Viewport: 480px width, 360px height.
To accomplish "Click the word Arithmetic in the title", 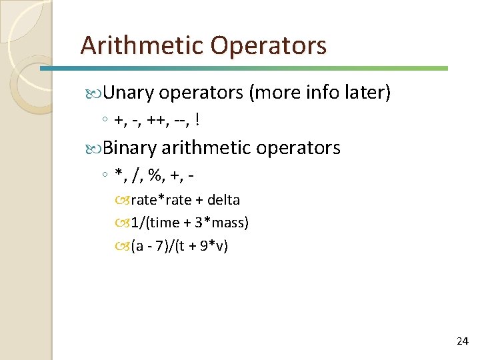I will [141, 45].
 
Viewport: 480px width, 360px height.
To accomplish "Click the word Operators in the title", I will [268, 45].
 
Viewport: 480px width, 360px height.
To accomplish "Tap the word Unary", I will [128, 93].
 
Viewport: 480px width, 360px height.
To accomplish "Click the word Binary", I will [130, 147].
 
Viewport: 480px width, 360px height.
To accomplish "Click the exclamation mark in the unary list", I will [199, 120].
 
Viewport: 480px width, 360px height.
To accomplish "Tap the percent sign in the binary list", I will [157, 175].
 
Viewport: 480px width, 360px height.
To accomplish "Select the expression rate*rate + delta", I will [185, 200].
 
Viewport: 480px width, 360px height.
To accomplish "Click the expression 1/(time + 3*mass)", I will [189, 223].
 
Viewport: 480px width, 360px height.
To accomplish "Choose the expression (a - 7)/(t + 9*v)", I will [179, 245].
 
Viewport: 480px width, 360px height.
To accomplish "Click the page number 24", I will [462, 341].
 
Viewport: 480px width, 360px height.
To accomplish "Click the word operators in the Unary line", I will [201, 93].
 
